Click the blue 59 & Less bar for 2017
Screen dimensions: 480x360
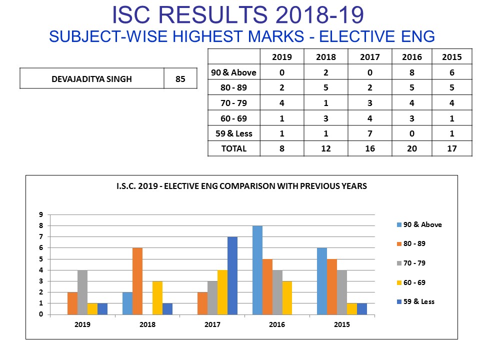click(x=232, y=275)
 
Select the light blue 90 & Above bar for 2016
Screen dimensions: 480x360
click(x=257, y=270)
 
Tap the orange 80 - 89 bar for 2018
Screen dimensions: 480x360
click(x=137, y=281)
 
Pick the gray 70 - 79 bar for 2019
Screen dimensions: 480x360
click(x=82, y=292)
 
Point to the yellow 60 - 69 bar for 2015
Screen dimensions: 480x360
click(x=351, y=309)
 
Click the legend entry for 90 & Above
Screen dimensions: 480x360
click(x=419, y=224)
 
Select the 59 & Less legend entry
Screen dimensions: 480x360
click(x=415, y=301)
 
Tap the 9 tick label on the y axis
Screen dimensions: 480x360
click(x=41, y=214)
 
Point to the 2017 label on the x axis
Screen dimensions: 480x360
click(x=212, y=324)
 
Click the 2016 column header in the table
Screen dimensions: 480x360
click(x=411, y=57)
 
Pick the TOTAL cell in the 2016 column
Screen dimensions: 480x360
click(x=411, y=148)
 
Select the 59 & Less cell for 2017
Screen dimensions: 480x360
click(x=370, y=133)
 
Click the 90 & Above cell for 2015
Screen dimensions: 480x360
click(x=452, y=72)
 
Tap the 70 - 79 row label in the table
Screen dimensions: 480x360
click(x=233, y=103)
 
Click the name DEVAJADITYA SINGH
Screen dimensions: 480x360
click(x=91, y=79)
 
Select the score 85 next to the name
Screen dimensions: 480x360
click(x=180, y=79)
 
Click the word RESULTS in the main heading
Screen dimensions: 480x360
click(x=213, y=14)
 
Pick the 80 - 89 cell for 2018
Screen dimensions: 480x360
click(x=325, y=87)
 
